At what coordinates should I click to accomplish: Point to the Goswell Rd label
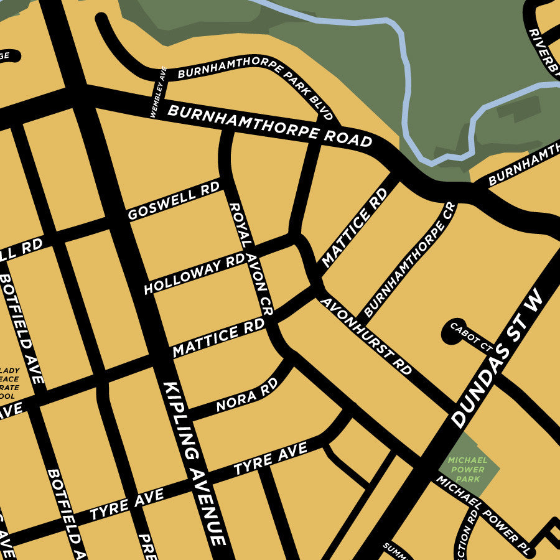point(174,201)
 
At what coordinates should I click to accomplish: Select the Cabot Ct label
point(471,336)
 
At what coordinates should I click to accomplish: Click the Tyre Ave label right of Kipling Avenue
point(270,459)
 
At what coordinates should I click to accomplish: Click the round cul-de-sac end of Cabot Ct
point(450,332)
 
